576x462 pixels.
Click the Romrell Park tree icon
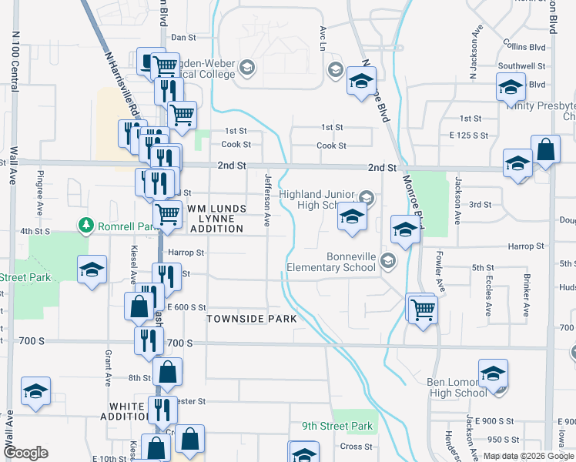(85, 225)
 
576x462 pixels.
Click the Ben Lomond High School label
(457, 387)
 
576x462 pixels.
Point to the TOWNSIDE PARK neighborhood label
(245, 318)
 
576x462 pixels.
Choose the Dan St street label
(183, 37)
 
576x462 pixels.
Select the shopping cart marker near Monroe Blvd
(423, 310)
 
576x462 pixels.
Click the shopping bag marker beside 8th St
(168, 373)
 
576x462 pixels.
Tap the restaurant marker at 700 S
(148, 340)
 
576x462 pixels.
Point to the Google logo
(25, 452)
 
